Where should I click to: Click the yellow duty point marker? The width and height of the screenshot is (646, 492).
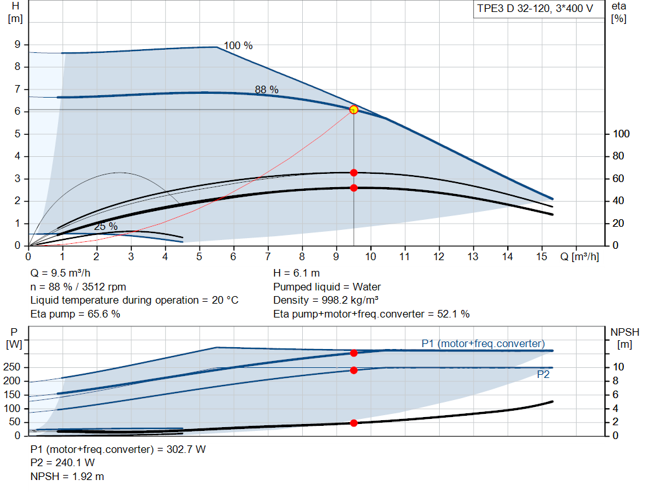coord(353,110)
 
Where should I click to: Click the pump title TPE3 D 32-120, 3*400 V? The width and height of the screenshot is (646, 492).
coord(535,9)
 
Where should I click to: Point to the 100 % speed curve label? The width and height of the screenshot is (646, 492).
coord(238,45)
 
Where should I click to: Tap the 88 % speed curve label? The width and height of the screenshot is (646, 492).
coord(267,89)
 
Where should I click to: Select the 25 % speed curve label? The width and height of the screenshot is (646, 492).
coord(106,226)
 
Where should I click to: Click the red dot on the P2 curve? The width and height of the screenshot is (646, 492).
coord(353,370)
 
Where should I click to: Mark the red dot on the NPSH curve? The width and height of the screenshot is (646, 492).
coord(353,423)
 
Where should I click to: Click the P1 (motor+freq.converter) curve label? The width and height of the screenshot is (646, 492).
coord(483,343)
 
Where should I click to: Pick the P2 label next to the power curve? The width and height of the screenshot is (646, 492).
coord(543,374)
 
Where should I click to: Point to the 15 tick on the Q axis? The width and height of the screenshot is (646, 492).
coord(541,256)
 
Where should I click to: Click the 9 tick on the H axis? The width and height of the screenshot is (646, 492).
coord(17,45)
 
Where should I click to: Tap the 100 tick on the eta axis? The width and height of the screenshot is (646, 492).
coord(621,134)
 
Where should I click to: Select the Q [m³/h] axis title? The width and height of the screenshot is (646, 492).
coord(579,256)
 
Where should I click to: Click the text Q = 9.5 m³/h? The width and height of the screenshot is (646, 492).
coord(60,273)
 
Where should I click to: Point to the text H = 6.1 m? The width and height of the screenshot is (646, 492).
coord(297,273)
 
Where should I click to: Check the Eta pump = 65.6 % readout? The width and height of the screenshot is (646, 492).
coord(76,314)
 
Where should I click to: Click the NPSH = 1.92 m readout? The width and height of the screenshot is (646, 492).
coord(67,476)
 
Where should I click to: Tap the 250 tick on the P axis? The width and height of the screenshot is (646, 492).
coord(11,367)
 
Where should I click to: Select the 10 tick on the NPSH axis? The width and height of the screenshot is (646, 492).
coord(618,367)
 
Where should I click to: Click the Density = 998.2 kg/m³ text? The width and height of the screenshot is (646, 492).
coord(326,300)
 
